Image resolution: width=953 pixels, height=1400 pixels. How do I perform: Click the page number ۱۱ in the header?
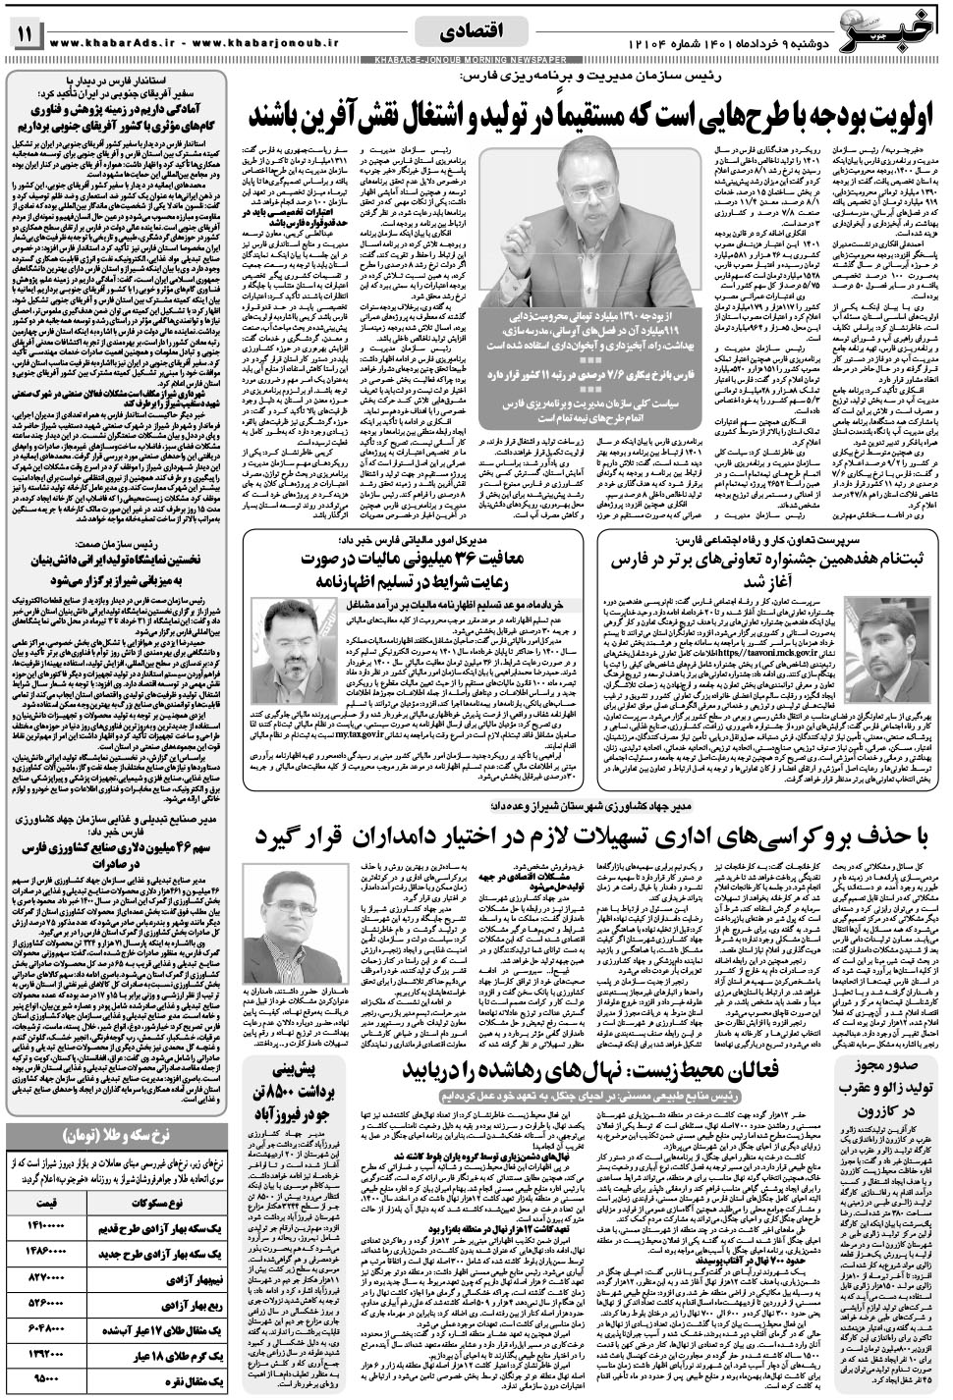tap(24, 33)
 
